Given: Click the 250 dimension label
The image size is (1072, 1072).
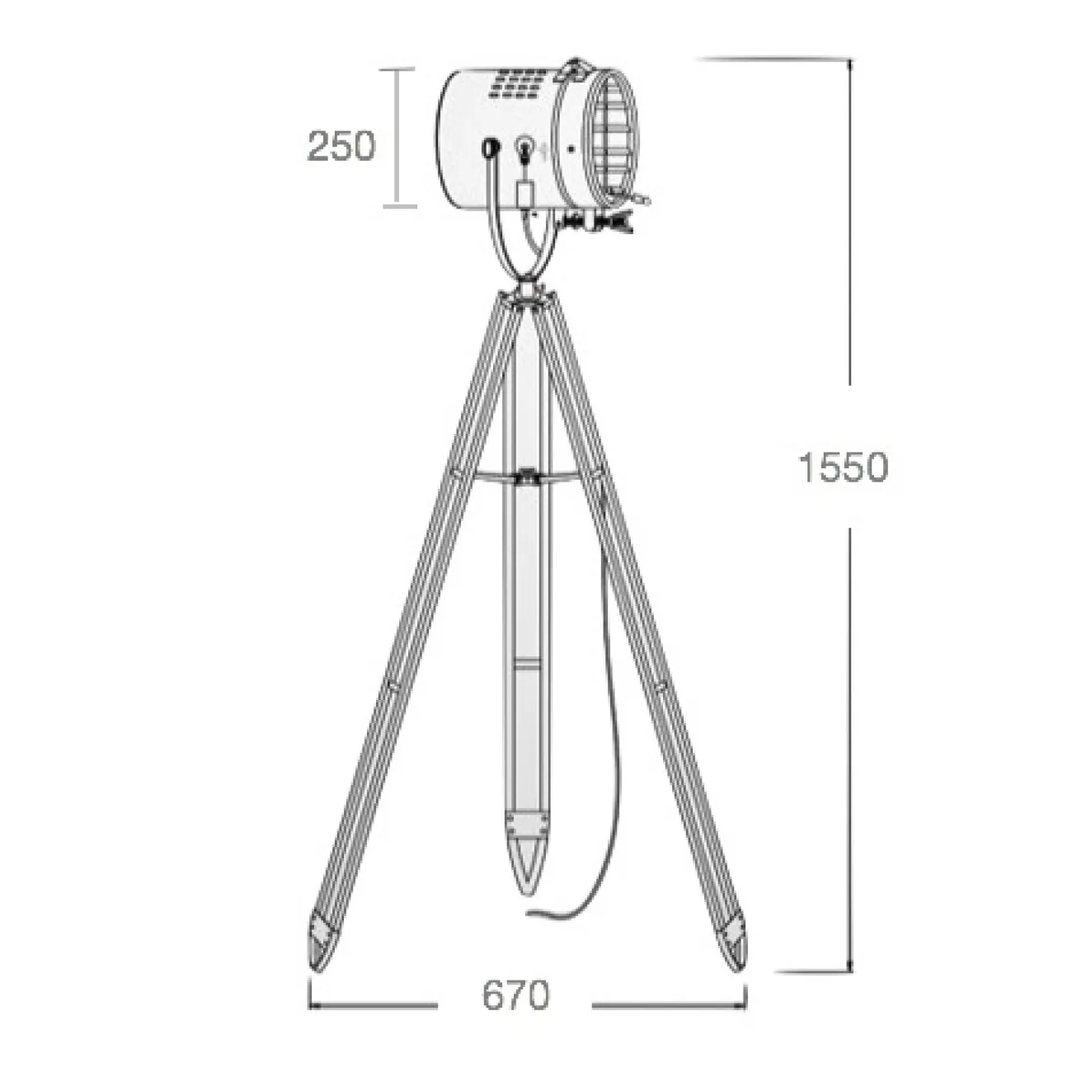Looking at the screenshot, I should click(341, 146).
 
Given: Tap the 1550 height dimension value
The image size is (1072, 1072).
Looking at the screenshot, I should click(843, 468).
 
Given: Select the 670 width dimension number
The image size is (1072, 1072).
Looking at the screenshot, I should click(515, 995).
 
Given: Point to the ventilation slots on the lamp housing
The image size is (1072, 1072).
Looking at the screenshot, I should click(515, 86).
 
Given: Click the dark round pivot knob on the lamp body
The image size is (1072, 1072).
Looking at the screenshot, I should click(491, 147).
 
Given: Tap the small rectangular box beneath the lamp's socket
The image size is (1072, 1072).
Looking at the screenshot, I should click(523, 195).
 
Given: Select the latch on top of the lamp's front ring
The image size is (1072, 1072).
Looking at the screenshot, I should click(575, 70).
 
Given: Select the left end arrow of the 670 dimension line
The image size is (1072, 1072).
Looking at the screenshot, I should click(312, 1006).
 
